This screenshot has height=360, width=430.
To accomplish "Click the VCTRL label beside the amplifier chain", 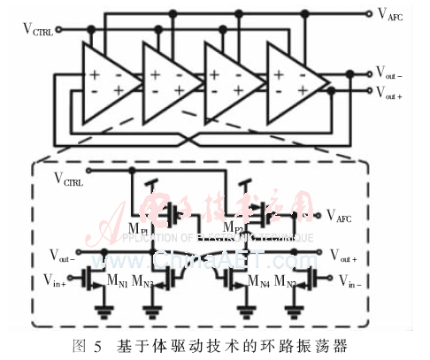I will [x=38, y=30].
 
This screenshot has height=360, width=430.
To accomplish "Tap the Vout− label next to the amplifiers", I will [x=390, y=73].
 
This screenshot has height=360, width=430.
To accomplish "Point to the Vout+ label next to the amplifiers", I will [x=390, y=92].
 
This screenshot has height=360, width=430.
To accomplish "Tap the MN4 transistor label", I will [x=258, y=283].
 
